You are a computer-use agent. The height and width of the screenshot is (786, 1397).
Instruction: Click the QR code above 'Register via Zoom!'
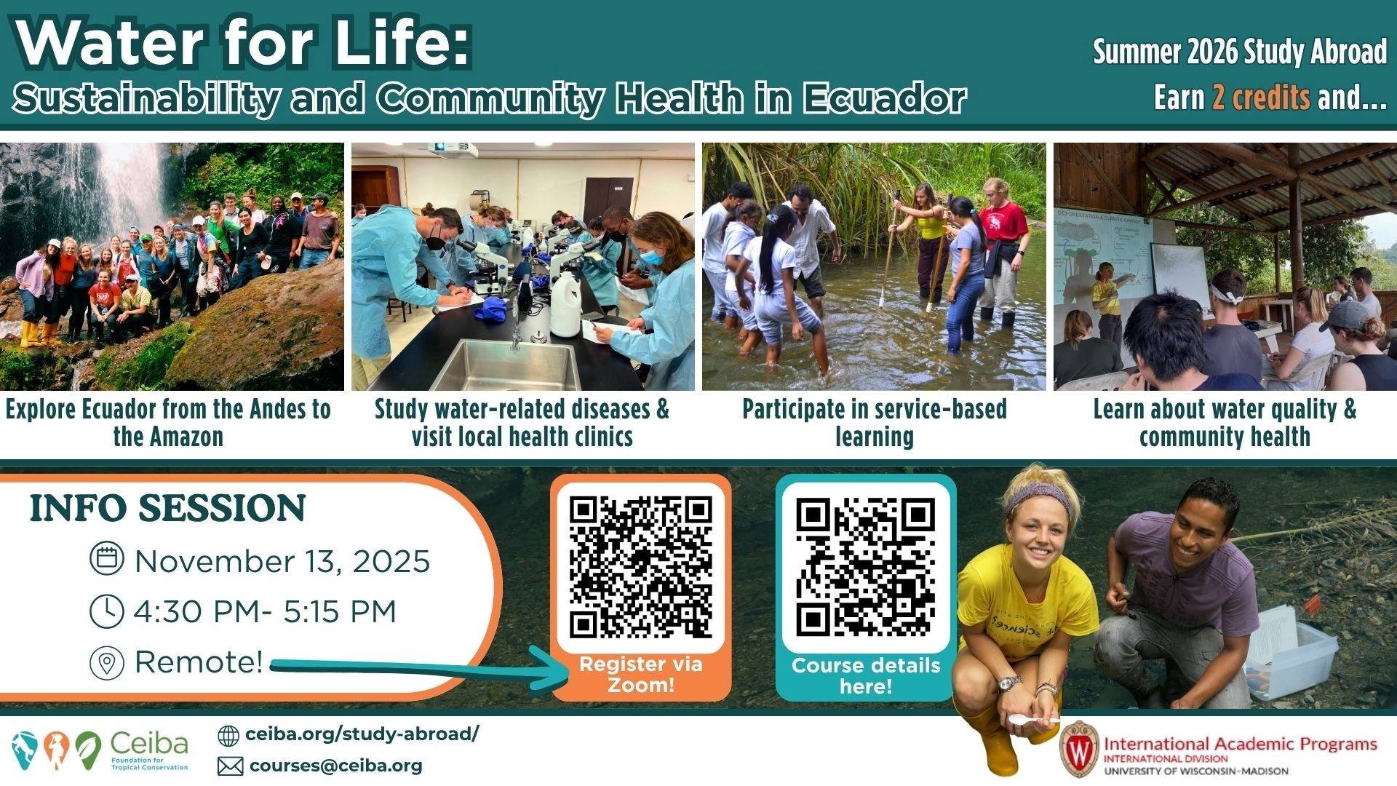[640, 568]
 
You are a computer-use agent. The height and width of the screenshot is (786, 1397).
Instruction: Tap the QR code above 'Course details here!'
[866, 568]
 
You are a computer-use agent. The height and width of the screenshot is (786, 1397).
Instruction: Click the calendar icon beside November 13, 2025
[106, 559]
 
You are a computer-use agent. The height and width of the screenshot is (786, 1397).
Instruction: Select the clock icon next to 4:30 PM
[106, 611]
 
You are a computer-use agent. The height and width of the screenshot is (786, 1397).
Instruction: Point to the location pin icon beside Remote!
[106, 663]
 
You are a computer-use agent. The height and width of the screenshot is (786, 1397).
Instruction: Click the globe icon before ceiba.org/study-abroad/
[228, 736]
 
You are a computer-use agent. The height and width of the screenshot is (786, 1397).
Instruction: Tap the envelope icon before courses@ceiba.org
[230, 766]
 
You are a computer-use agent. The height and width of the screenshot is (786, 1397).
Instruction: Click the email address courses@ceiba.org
[335, 766]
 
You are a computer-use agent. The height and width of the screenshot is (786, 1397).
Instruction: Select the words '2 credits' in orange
[1261, 97]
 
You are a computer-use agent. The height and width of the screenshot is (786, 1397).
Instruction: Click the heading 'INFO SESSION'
[167, 508]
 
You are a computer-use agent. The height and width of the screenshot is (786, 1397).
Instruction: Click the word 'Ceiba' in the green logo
[149, 744]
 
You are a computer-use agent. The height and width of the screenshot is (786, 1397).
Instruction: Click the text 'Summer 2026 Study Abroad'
[1240, 51]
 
